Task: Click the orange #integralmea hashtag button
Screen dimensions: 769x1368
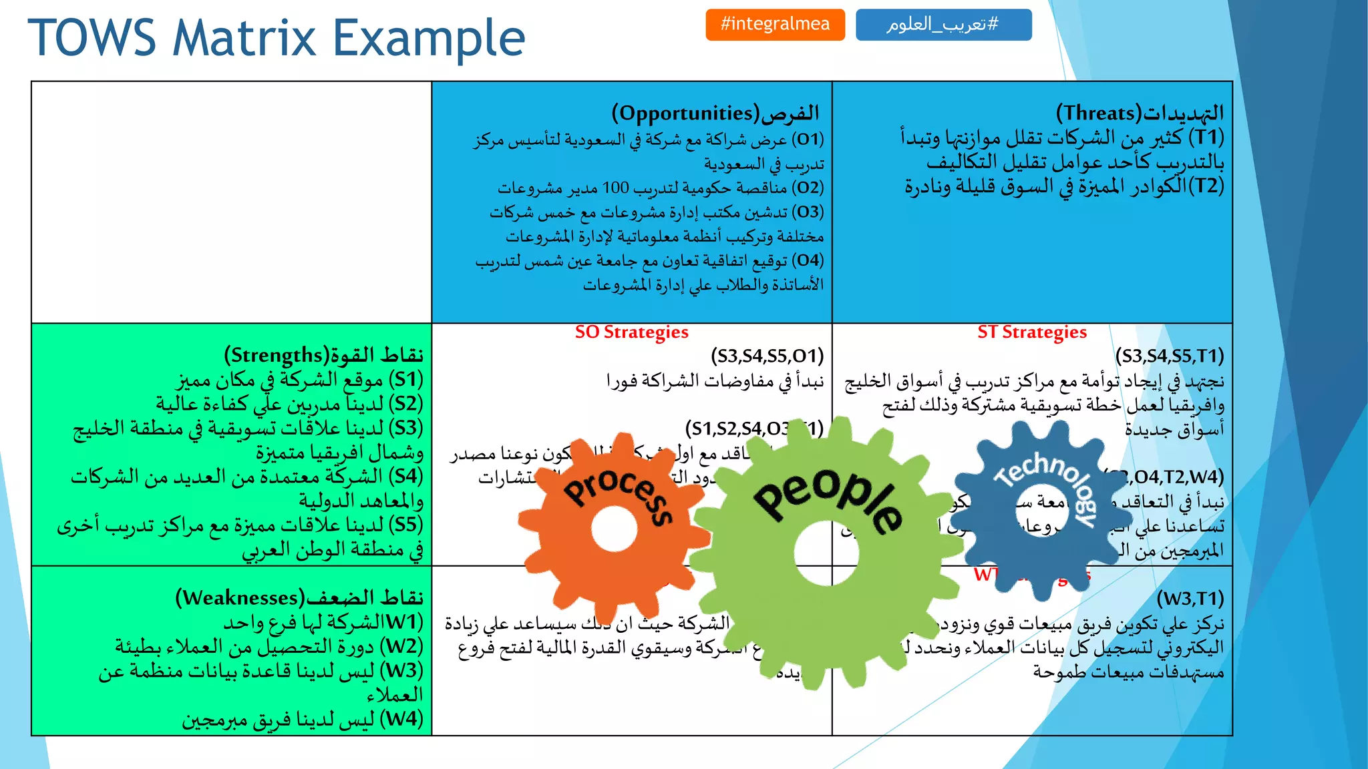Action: [x=775, y=25]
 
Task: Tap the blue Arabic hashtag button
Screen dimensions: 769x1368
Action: [x=943, y=25]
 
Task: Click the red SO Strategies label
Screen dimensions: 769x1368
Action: [x=631, y=332]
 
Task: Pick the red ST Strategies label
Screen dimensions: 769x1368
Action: [x=1032, y=332]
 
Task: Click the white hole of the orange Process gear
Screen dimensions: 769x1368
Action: [x=614, y=529]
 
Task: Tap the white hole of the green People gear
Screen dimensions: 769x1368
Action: [x=826, y=553]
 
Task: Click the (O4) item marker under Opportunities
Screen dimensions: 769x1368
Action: [x=808, y=260]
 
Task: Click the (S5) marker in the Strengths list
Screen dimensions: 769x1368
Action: [x=405, y=525]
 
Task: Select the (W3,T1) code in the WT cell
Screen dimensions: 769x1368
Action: [x=1190, y=598]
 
